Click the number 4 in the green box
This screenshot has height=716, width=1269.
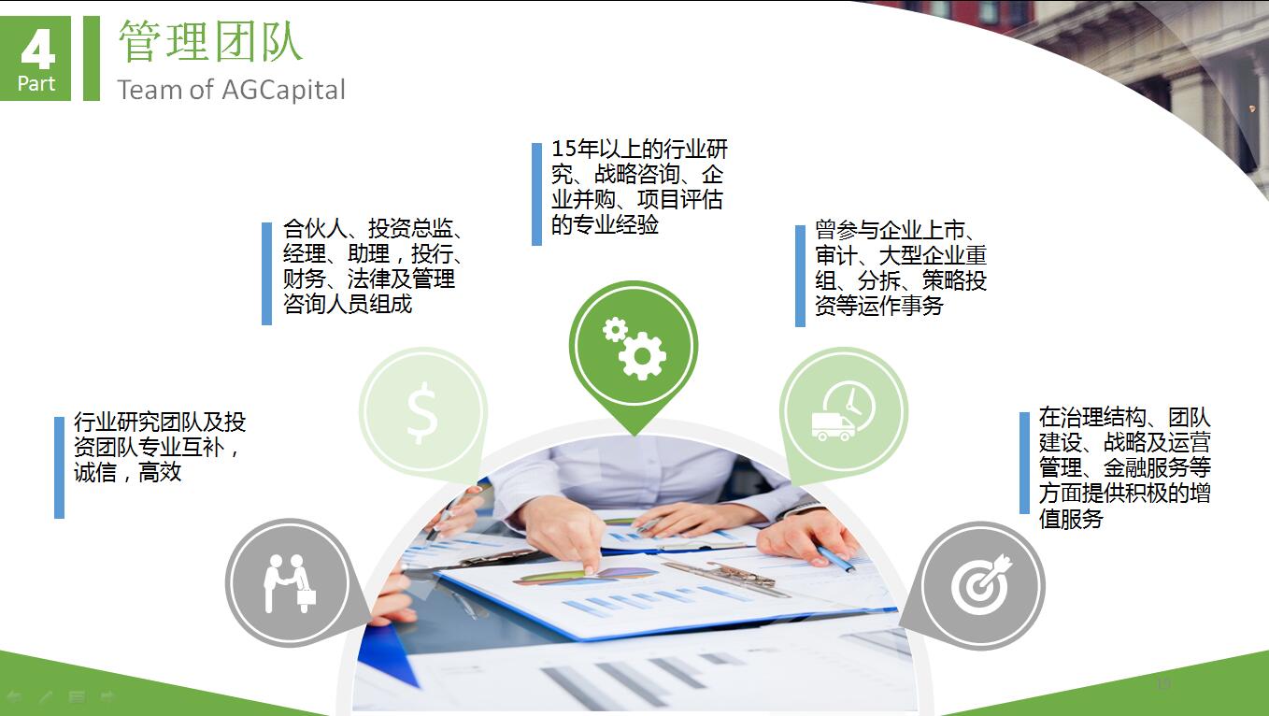click(38, 50)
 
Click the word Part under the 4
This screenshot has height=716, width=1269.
click(36, 84)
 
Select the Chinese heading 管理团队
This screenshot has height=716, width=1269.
click(210, 41)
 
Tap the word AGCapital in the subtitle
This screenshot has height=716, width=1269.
click(283, 90)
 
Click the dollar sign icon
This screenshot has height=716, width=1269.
click(422, 412)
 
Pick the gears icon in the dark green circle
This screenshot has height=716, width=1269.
click(634, 348)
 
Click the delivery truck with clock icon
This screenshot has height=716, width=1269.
click(843, 411)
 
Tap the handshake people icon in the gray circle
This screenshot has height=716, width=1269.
click(290, 583)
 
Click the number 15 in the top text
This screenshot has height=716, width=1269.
click(563, 149)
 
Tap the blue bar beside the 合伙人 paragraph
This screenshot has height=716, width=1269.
click(267, 274)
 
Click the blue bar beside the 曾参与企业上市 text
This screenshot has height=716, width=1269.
click(801, 276)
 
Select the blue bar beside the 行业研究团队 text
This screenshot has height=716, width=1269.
click(60, 467)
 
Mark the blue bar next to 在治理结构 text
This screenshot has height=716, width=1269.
click(1024, 463)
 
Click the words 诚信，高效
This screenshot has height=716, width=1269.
click(127, 472)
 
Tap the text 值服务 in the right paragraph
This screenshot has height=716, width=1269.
click(1071, 519)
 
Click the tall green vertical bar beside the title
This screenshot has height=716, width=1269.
click(92, 58)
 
